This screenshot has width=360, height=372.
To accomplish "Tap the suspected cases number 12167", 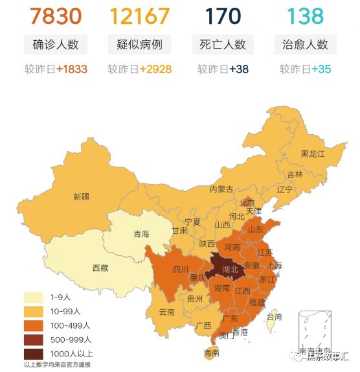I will tap(139, 16).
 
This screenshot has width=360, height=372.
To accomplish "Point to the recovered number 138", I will tap(305, 16).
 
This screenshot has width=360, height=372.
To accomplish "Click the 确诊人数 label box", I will tap(56, 45).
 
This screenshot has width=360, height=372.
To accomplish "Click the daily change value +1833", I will tap(72, 69).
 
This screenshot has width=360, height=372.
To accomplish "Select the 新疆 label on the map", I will tap(82, 196).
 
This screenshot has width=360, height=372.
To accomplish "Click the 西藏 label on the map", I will tap(100, 267).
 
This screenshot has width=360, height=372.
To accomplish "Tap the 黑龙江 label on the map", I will tap(312, 154).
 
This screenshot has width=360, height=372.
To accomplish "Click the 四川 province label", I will tap(180, 270).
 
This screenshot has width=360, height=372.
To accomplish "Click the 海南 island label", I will tap(211, 353).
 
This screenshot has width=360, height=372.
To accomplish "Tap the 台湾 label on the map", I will tap(275, 317).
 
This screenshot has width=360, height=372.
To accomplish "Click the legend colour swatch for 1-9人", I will tap(34, 297).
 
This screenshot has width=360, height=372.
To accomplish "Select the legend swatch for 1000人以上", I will tap(34, 354).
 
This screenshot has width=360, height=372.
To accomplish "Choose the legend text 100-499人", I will tap(71, 325).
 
